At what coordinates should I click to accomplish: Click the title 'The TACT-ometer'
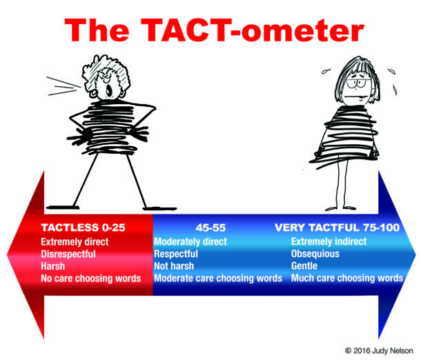pos(211,31)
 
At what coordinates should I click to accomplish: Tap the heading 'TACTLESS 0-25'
pos(83,227)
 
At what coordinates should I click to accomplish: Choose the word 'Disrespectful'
pos(68,254)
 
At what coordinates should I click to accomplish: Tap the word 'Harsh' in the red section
pos(53,266)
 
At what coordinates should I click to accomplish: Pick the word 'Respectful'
pos(176,254)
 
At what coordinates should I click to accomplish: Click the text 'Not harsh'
pos(174,266)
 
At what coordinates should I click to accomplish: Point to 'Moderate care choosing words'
pos(218,279)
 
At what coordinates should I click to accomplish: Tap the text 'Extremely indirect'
pos(329,241)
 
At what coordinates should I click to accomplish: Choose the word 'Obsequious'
pos(316,254)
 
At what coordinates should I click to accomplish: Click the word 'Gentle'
pos(306,266)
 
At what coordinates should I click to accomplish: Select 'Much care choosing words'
pos(346,279)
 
